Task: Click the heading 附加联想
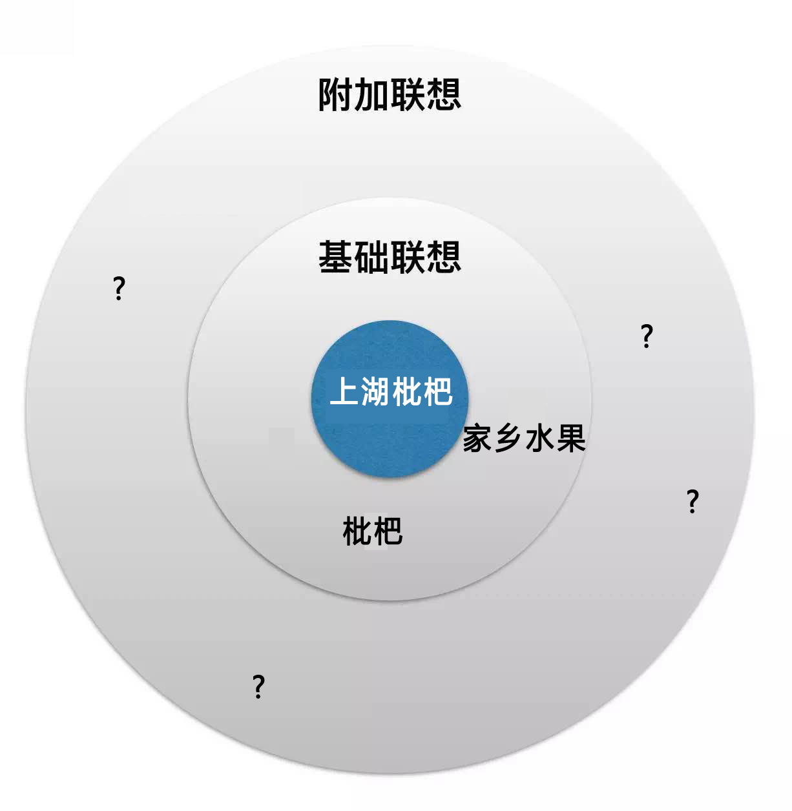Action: click(x=390, y=95)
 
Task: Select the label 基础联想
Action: click(x=390, y=257)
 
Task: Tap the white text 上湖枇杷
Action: click(x=391, y=392)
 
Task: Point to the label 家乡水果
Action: click(x=524, y=438)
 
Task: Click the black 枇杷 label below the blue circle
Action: click(x=373, y=531)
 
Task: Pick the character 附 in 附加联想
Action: click(x=336, y=95)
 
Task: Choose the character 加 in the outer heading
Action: click(x=371, y=95)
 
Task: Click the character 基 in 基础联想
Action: click(x=336, y=257)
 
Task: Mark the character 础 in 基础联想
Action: click(x=371, y=257)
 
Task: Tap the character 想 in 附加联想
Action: click(x=443, y=95)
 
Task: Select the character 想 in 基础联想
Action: click(x=443, y=257)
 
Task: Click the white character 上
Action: click(x=344, y=392)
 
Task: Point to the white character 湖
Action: click(x=375, y=392)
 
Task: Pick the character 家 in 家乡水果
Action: click(x=478, y=438)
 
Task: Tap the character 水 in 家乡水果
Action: click(x=539, y=438)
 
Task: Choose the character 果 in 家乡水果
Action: click(x=570, y=438)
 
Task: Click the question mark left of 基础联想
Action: click(x=119, y=288)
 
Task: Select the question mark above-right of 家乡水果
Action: click(x=647, y=336)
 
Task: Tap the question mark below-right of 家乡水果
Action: click(x=693, y=501)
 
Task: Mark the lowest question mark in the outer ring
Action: click(x=258, y=686)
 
